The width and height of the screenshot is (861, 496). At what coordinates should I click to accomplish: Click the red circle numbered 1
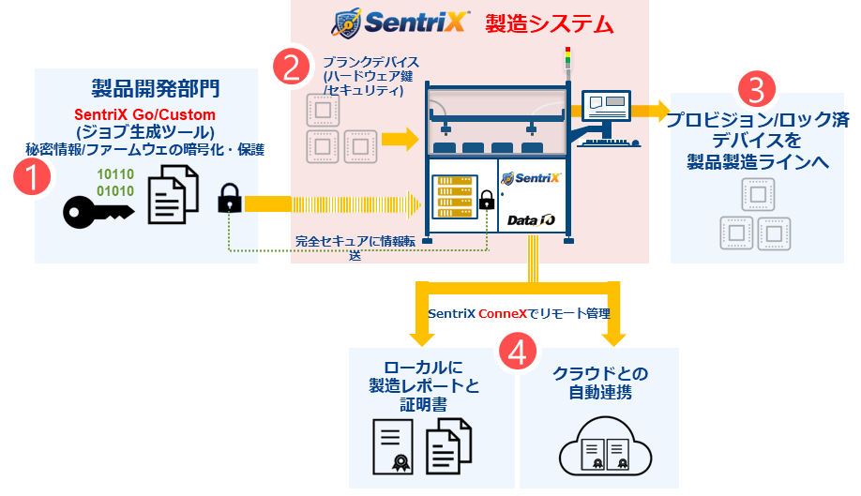point(35,177)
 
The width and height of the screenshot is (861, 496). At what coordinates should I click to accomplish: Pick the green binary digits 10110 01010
point(116,182)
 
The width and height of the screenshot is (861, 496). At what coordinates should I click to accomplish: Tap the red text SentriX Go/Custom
point(144,115)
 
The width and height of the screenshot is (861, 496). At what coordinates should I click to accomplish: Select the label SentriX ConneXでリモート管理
point(525,314)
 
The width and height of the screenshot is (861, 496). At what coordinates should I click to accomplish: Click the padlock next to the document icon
point(228,199)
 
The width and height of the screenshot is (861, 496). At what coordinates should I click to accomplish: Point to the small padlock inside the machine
point(487,200)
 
